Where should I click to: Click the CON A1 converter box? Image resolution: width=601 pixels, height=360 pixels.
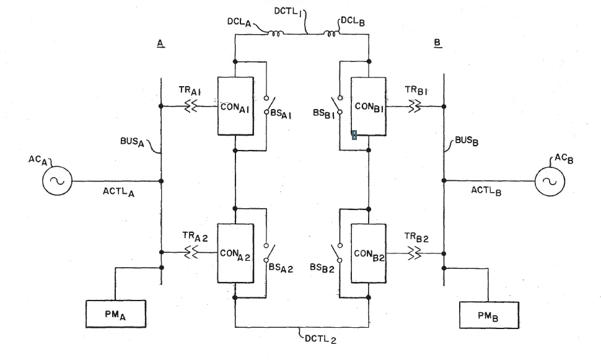point(235,106)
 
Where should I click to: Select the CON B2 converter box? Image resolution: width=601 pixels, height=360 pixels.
point(368,253)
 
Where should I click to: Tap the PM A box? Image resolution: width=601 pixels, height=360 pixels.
point(116,314)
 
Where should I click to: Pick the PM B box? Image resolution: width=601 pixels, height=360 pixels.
point(489,315)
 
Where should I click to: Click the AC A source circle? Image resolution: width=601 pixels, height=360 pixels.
point(57,180)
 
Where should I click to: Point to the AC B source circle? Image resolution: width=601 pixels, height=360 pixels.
point(550,182)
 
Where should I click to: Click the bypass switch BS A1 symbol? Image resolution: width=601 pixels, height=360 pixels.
point(270,105)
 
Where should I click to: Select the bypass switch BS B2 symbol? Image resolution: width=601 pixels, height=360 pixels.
point(336,253)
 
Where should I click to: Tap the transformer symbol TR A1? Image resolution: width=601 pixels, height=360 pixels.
point(191,106)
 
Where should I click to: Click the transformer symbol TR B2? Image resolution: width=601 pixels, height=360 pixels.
point(415,253)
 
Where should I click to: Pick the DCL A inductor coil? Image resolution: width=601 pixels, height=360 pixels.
point(275,33)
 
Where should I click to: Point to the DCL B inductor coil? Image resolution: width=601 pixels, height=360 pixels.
point(331,33)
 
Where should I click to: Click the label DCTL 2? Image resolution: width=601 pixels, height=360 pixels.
point(321,339)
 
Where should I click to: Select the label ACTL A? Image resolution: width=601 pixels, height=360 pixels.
point(118,191)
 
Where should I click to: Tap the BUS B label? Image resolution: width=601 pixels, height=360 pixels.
point(467,141)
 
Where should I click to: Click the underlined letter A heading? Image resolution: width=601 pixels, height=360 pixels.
point(160,43)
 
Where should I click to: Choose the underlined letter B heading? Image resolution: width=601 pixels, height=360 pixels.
point(437,43)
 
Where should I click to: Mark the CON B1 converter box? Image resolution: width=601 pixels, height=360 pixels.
point(368,106)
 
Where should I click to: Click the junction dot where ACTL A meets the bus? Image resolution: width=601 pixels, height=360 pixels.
point(161,181)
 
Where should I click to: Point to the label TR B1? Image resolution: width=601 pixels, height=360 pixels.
point(416,90)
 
